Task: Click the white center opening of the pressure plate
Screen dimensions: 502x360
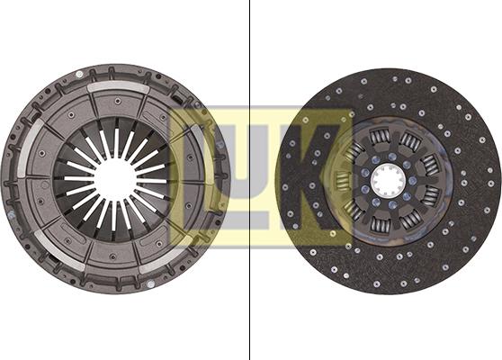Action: (115, 179)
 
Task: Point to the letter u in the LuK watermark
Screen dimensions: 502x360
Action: (242, 178)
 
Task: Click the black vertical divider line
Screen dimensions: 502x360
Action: (249, 180)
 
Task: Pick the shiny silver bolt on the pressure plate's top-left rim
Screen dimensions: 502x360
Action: (79, 75)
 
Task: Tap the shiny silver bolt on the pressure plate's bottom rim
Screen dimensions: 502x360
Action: (150, 283)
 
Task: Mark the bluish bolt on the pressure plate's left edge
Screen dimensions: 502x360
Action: (11, 214)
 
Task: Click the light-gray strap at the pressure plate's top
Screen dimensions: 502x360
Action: (118, 86)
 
